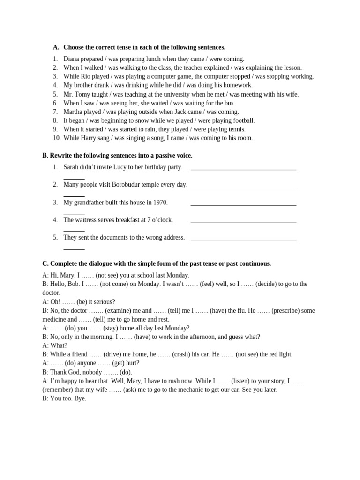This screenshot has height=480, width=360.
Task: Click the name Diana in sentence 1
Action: coord(71,59)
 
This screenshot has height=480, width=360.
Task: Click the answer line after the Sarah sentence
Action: coord(243,169)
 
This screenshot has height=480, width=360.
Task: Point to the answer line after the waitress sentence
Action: coord(243,222)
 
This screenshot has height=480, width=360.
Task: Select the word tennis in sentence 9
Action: coord(235,129)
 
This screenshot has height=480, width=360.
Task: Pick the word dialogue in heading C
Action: coord(98,263)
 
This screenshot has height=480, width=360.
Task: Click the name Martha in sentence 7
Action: coord(73,112)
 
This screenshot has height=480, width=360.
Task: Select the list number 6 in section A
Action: coord(55,103)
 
